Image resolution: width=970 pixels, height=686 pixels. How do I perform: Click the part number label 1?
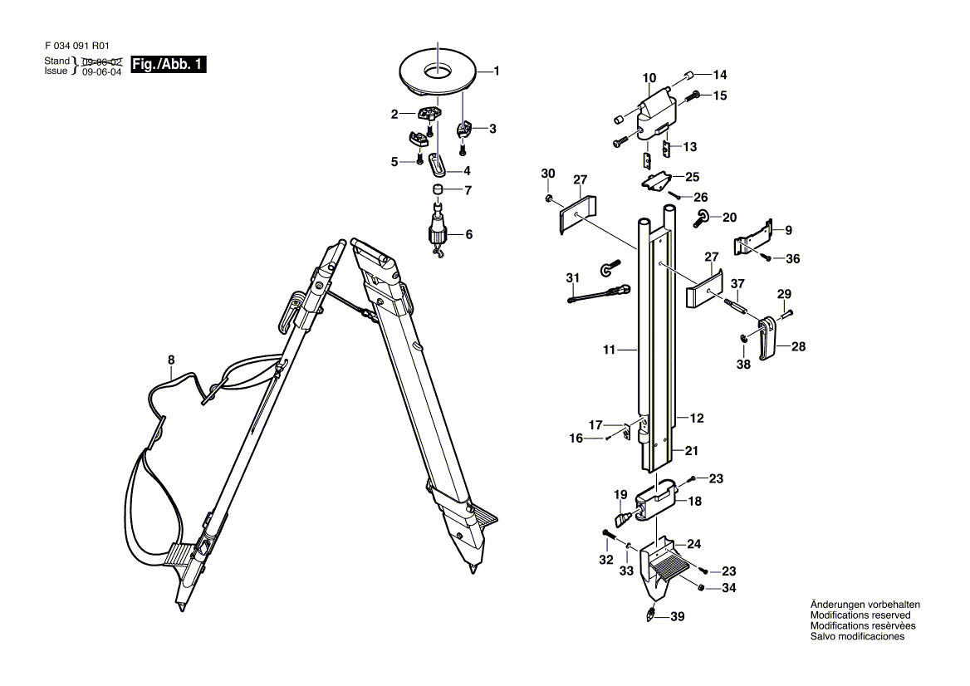point(497,71)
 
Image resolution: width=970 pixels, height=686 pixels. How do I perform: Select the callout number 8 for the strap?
point(172,360)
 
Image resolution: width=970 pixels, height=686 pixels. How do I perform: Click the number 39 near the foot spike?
point(678,617)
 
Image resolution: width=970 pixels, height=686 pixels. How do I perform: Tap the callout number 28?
point(798,347)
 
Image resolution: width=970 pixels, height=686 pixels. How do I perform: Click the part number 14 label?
point(719,73)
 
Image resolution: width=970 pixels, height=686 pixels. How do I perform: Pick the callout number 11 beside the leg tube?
point(609,350)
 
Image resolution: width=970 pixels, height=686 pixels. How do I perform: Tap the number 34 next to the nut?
point(728,589)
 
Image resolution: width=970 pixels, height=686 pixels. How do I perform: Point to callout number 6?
point(468,235)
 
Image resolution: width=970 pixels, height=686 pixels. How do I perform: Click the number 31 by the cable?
point(572,277)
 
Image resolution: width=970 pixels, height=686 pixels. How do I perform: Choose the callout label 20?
point(729,218)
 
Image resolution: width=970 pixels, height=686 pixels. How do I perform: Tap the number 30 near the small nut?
point(547,173)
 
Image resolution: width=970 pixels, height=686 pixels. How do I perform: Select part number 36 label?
point(793,259)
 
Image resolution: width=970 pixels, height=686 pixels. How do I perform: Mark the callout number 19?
point(620,495)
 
